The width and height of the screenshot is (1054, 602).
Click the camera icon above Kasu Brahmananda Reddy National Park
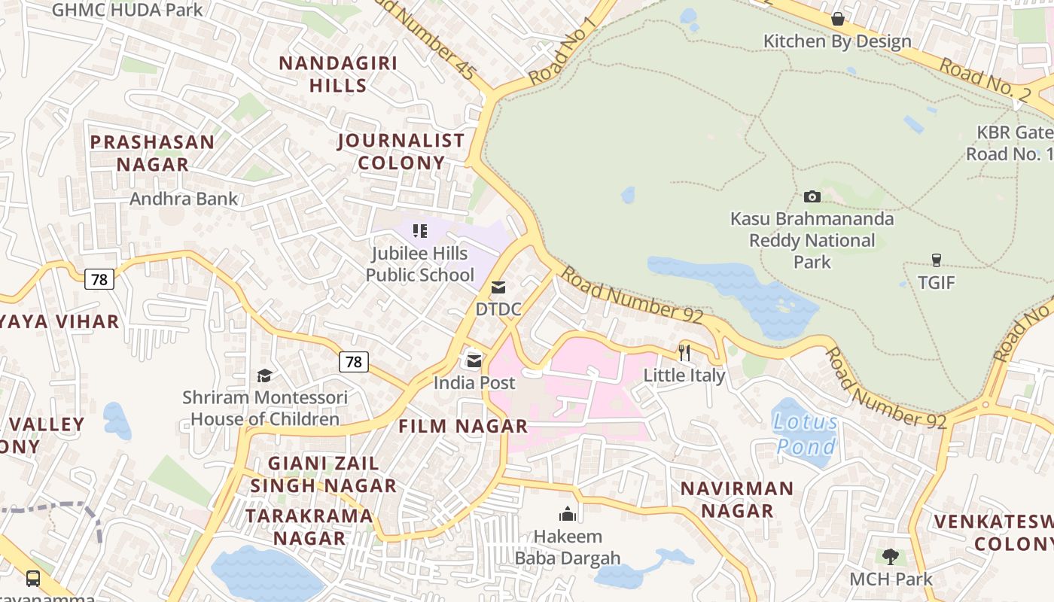pyautogui.click(x=812, y=196)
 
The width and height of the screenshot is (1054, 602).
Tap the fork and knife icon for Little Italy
pyautogui.click(x=684, y=352)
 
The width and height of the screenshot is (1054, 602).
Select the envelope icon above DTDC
pyautogui.click(x=498, y=287)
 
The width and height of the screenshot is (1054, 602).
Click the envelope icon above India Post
pyautogui.click(x=474, y=361)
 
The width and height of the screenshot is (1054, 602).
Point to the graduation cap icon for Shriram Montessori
pyautogui.click(x=264, y=375)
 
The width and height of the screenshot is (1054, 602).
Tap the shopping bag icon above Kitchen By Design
pyautogui.click(x=837, y=19)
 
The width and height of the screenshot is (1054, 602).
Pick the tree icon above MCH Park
pyautogui.click(x=890, y=557)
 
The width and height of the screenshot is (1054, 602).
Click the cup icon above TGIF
pyautogui.click(x=936, y=260)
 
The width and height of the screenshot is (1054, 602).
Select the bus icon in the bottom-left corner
pyautogui.click(x=33, y=578)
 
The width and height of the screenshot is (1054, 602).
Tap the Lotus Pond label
pyautogui.click(x=805, y=434)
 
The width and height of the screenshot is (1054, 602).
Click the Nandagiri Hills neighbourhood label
pyautogui.click(x=338, y=74)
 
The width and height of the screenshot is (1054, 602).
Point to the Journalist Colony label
pyautogui.click(x=401, y=151)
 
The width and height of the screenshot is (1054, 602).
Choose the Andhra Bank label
pyautogui.click(x=184, y=199)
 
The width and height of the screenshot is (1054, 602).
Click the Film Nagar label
pyautogui.click(x=463, y=426)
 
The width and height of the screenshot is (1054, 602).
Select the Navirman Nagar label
pyautogui.click(x=737, y=499)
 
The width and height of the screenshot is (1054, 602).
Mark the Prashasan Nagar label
pyautogui.click(x=152, y=153)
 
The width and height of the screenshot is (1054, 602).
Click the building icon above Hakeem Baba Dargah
pyautogui.click(x=567, y=514)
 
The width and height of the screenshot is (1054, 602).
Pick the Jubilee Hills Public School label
pyautogui.click(x=420, y=264)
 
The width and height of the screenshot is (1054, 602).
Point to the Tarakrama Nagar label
pyautogui.click(x=309, y=527)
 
